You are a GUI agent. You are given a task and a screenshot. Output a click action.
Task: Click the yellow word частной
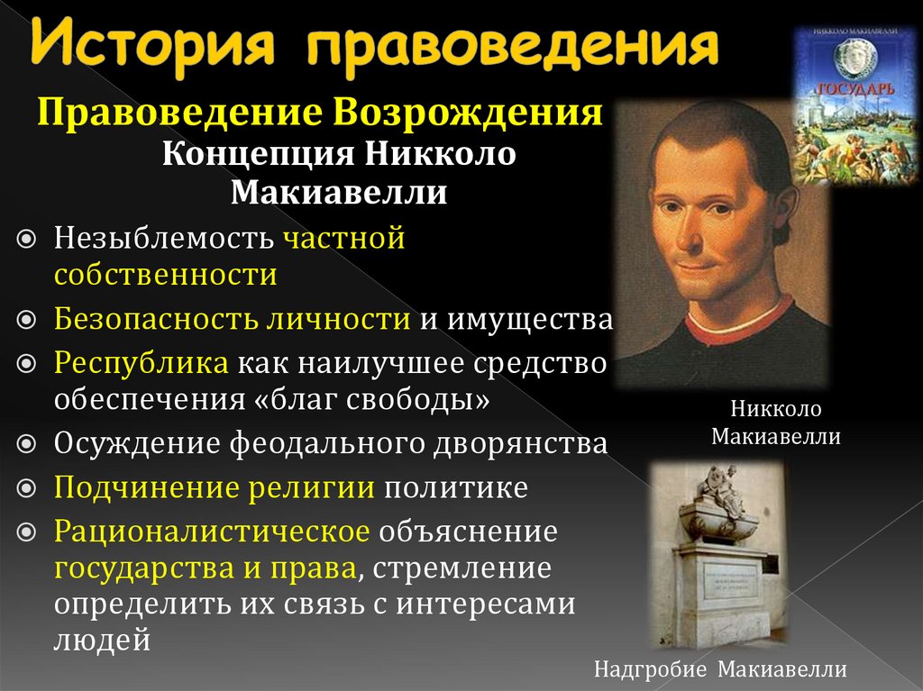tap(343, 239)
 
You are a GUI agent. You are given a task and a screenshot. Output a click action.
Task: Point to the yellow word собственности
tap(165, 274)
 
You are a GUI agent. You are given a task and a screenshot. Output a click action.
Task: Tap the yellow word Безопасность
tap(157, 319)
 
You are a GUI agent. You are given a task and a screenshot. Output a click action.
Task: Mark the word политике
tap(456, 487)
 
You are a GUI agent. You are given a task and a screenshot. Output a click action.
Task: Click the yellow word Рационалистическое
tap(212, 532)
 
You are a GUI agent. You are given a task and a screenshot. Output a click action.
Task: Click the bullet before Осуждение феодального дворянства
tap(27, 444)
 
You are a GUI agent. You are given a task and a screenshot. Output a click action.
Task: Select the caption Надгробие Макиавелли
tap(720, 669)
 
